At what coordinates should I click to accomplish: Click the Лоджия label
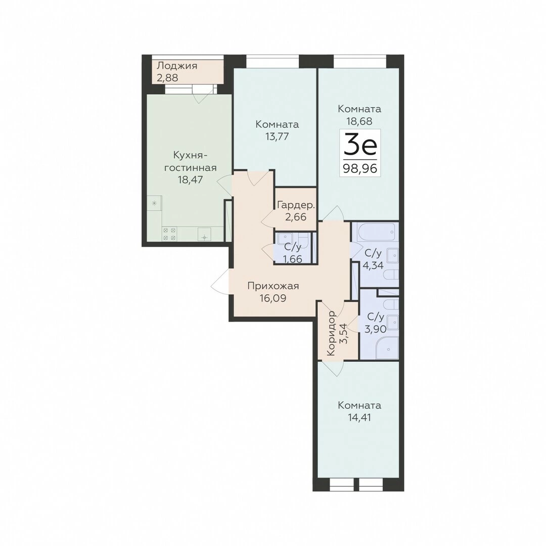click(x=177, y=65)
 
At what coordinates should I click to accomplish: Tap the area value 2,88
click(x=167, y=78)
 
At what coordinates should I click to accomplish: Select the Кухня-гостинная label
click(x=190, y=161)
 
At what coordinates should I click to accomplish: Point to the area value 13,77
click(x=277, y=136)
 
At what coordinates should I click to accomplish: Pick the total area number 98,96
click(x=360, y=168)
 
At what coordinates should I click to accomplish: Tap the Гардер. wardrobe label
click(x=296, y=205)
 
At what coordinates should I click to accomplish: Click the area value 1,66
click(x=293, y=259)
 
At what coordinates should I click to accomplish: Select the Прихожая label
click(x=274, y=286)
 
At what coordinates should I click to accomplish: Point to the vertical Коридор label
click(x=331, y=333)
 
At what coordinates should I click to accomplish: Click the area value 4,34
click(x=373, y=265)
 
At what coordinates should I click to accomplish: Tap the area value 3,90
click(x=375, y=329)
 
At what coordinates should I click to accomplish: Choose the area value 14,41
click(x=359, y=417)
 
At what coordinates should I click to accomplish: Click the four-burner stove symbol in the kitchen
click(x=169, y=234)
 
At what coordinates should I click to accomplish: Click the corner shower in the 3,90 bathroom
click(x=387, y=347)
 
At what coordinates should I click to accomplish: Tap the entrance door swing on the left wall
click(x=220, y=281)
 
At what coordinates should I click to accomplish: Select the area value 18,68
click(x=359, y=121)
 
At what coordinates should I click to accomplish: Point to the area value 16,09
click(x=272, y=298)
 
